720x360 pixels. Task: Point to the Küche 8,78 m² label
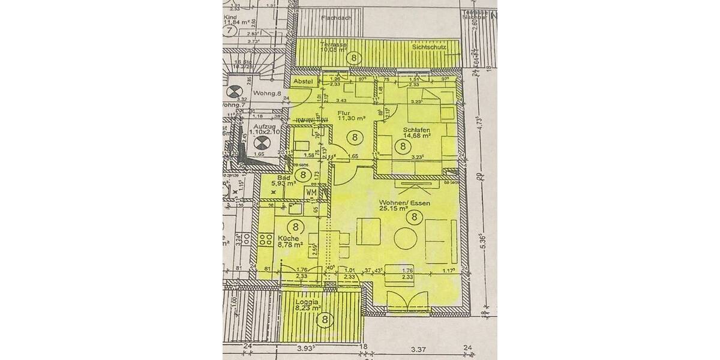coord(289,241)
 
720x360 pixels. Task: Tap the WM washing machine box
coord(311,192)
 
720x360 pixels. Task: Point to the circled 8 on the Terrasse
coord(355,58)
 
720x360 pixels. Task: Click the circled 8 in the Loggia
coord(325,320)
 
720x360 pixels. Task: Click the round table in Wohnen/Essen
coord(407,236)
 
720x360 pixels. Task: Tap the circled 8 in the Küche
coord(295,227)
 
